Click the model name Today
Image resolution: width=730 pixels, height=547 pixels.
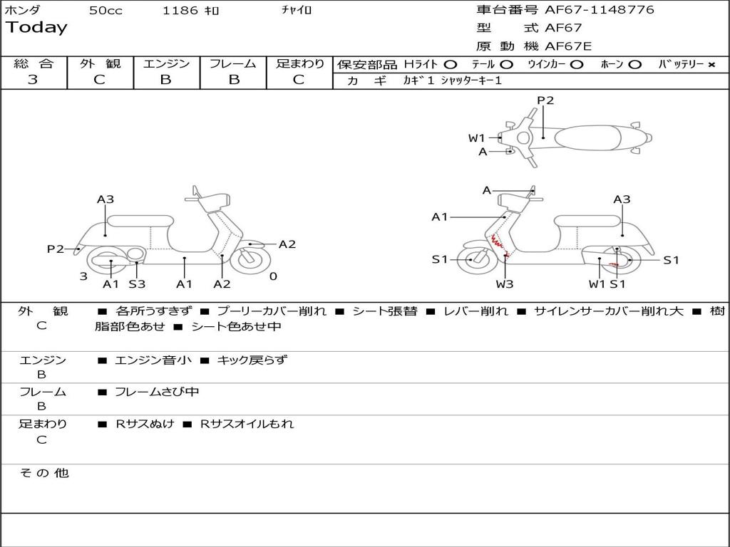click(x=36, y=28)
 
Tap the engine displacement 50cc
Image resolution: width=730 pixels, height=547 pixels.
click(x=106, y=11)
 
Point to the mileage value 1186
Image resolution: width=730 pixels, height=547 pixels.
click(x=180, y=11)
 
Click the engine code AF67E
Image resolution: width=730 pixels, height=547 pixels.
click(x=568, y=46)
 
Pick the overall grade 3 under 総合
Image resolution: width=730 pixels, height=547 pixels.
click(x=33, y=80)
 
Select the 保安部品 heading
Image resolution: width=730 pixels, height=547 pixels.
click(x=366, y=65)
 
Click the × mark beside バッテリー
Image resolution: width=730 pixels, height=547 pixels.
click(x=711, y=65)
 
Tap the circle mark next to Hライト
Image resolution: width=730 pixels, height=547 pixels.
click(x=451, y=65)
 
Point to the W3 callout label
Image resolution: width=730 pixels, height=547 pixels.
click(x=504, y=284)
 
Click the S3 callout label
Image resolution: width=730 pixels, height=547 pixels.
click(x=137, y=284)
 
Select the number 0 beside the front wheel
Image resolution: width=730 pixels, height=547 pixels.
click(x=273, y=276)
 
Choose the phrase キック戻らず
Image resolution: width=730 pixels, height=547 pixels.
click(x=252, y=360)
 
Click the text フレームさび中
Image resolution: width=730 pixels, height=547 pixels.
click(x=157, y=392)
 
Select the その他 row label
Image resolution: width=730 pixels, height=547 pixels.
click(x=43, y=473)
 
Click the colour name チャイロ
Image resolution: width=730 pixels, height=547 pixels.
click(x=297, y=11)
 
